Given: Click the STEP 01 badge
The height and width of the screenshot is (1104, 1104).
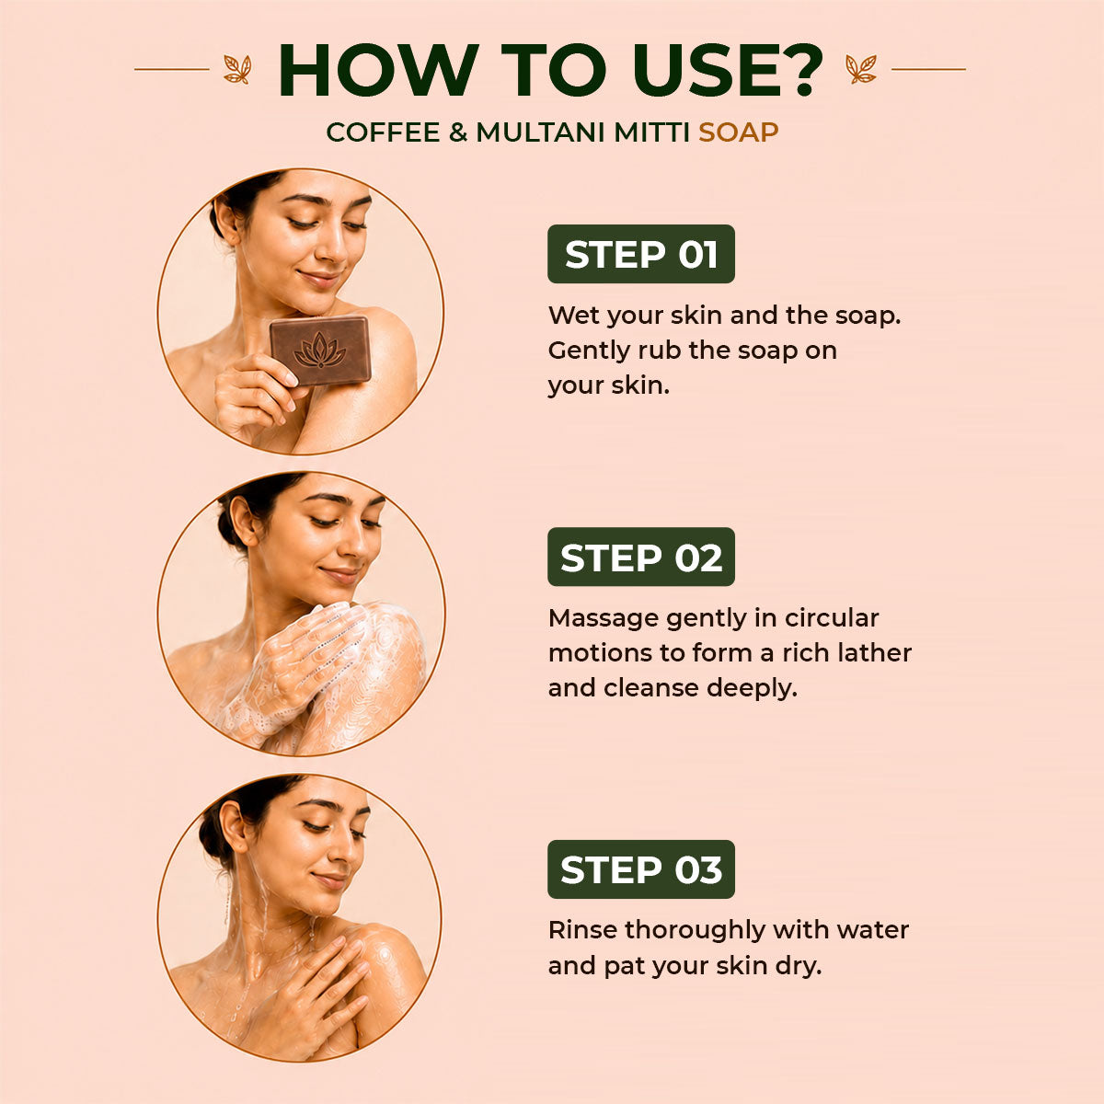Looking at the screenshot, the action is coord(640,254).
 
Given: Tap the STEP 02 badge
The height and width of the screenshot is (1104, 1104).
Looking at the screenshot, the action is coord(640,557).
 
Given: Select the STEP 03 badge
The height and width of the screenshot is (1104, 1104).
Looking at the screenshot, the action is coord(640,869).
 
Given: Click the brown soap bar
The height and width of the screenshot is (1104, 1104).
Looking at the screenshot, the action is coord(320,350).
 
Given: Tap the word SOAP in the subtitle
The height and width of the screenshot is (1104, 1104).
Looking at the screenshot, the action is coord(739,132).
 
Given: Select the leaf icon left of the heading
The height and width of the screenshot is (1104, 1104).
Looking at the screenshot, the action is coord(237,69).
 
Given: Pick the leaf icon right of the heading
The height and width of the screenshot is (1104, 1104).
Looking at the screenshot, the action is coord(861,69).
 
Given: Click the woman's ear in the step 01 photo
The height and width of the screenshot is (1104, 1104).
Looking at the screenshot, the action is coord(225,220).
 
